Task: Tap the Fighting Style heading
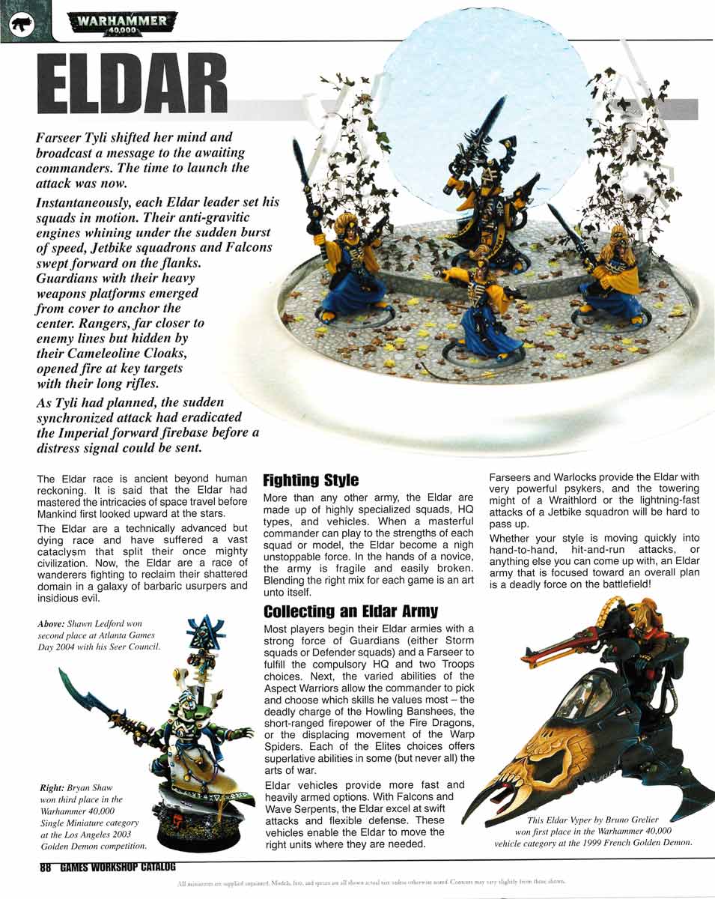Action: (311, 479)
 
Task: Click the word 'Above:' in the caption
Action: (51, 623)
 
